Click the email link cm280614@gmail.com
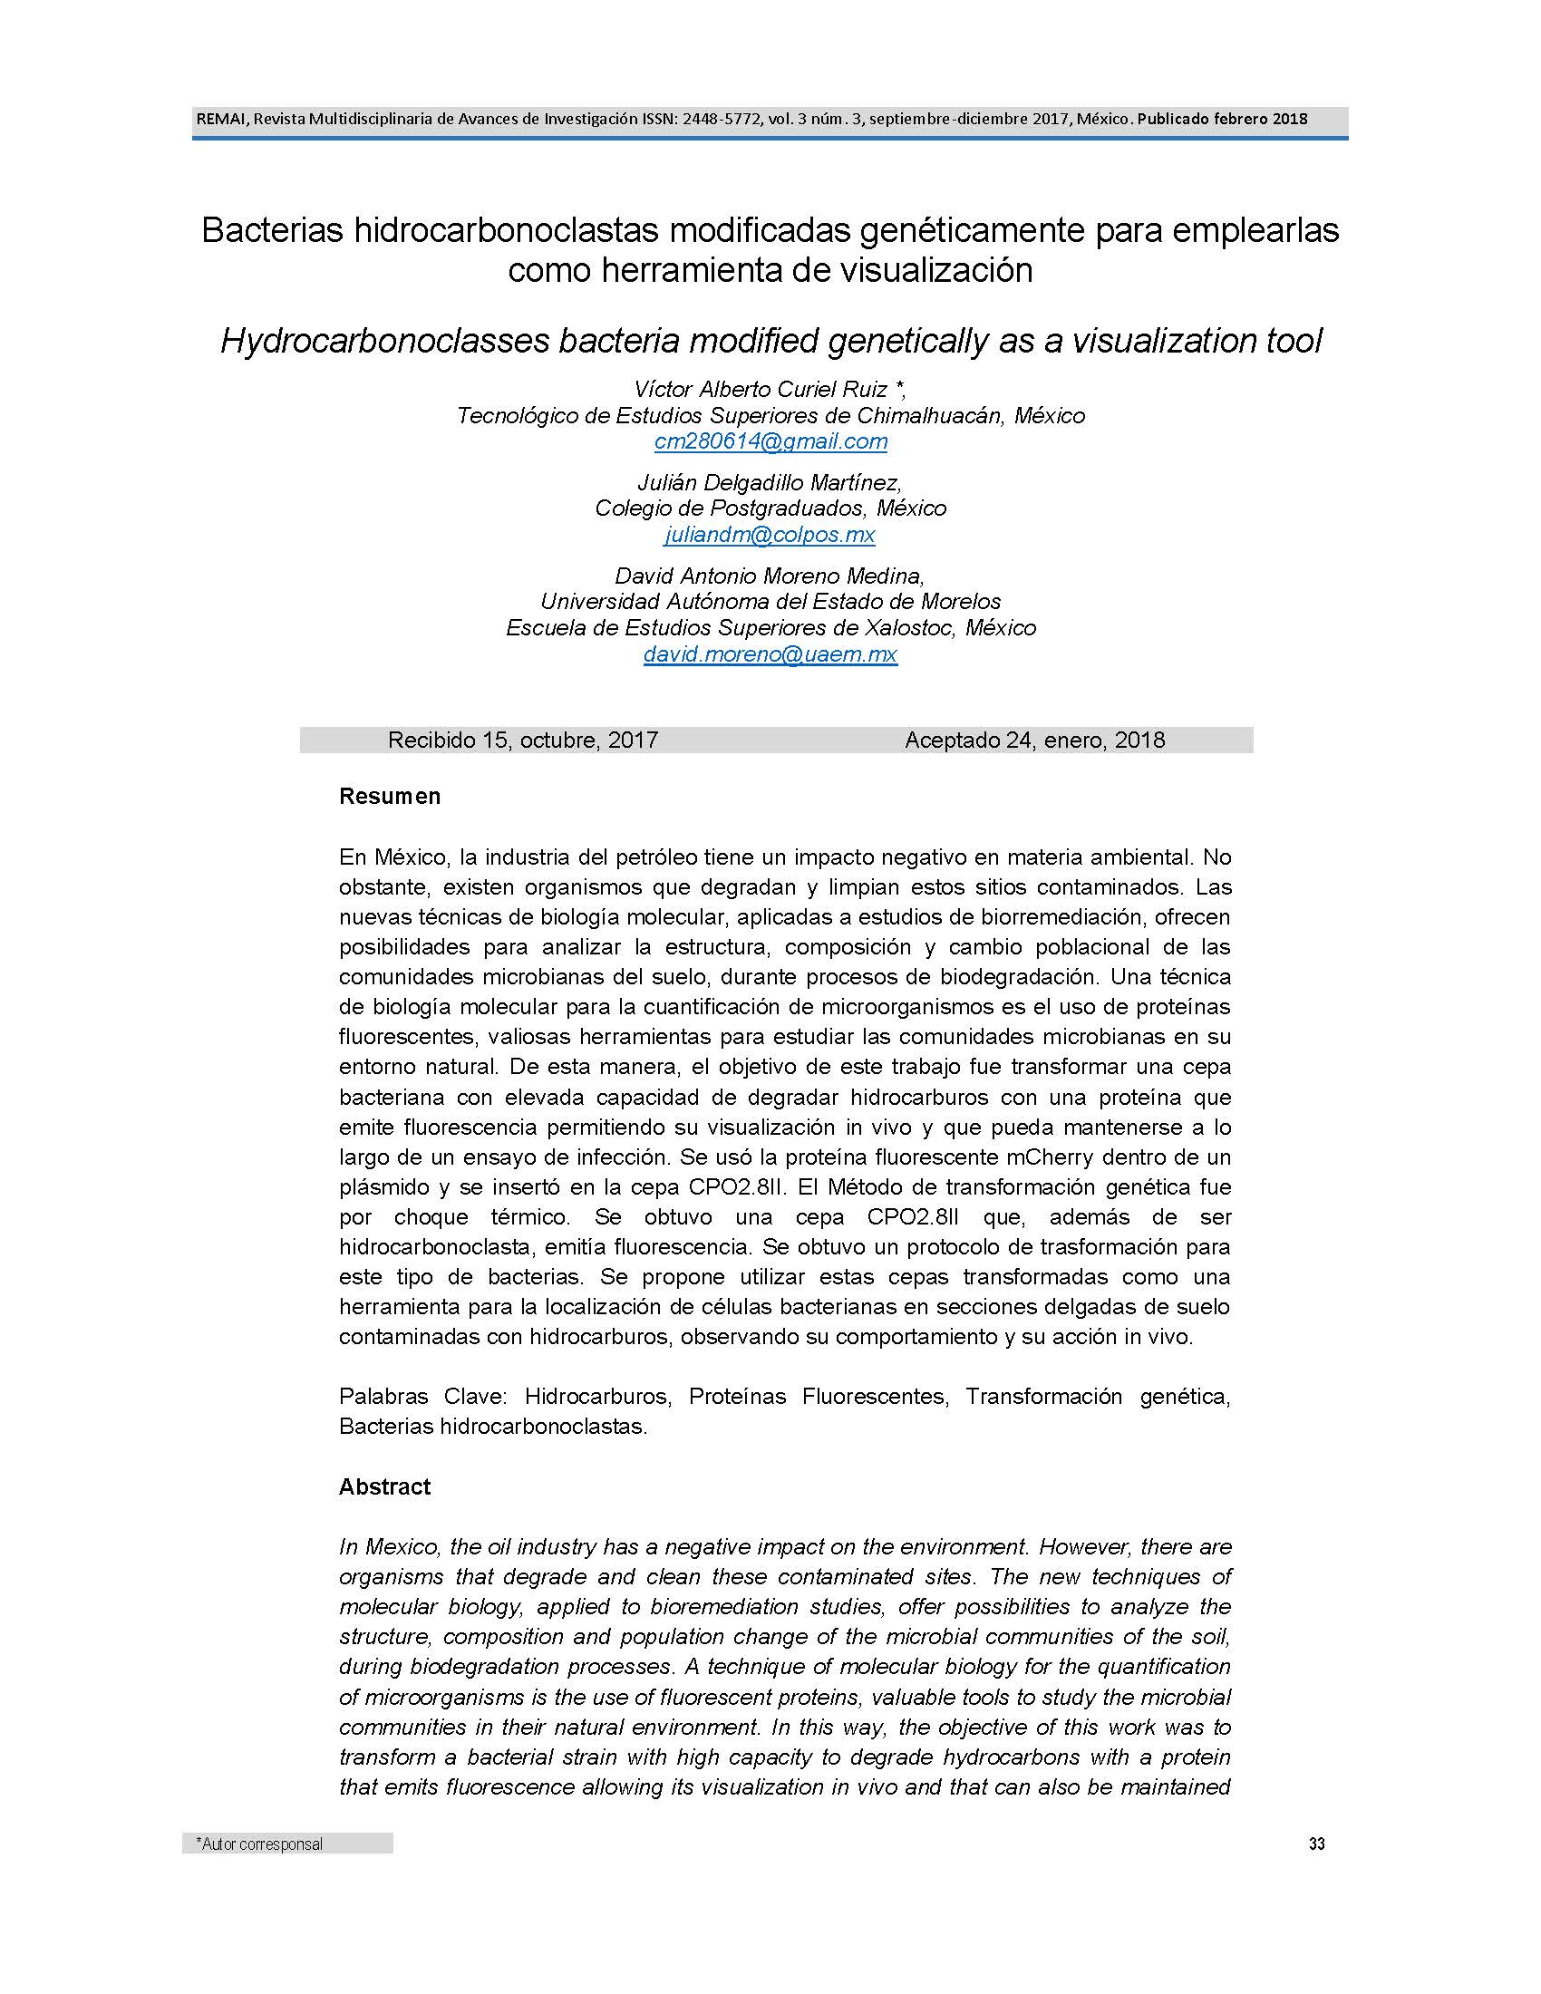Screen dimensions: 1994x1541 point(770,442)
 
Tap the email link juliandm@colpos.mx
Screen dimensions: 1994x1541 point(770,534)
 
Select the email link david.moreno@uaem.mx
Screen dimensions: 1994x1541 point(770,653)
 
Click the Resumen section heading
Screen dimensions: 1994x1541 point(390,796)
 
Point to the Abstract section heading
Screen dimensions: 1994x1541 point(384,1486)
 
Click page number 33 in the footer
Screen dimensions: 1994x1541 point(1316,1844)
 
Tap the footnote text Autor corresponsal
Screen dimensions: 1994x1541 point(260,1844)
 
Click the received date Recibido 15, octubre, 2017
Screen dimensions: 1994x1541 point(523,740)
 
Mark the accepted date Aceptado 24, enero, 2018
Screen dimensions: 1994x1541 point(1034,740)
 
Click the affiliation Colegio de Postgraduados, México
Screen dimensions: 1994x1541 point(770,508)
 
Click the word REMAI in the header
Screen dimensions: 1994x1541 point(217,119)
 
